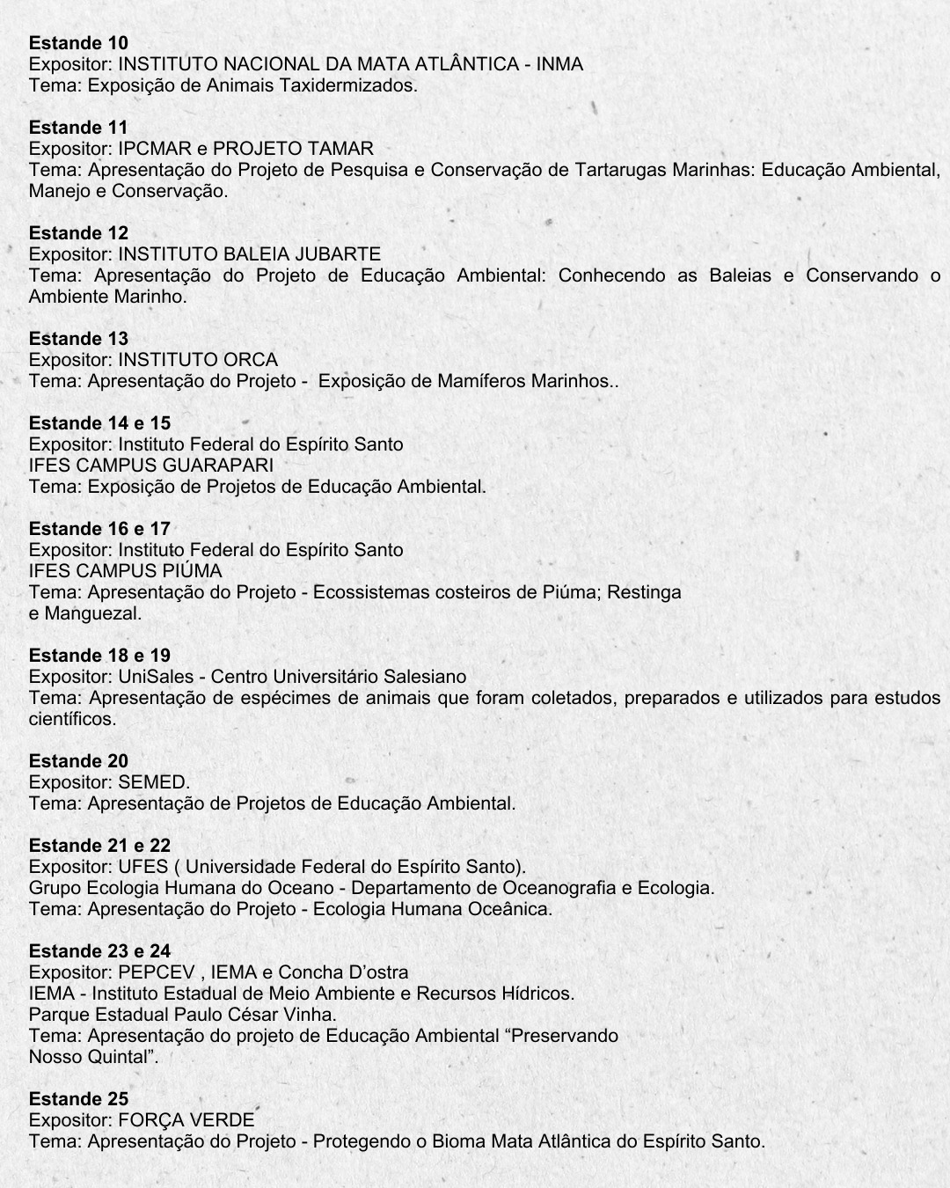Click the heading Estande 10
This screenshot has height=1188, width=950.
[78, 43]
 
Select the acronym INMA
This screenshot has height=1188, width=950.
[559, 64]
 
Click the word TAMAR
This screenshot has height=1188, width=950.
[341, 149]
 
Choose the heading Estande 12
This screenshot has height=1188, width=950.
[78, 233]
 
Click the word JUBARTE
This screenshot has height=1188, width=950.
[339, 254]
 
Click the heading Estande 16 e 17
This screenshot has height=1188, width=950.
[99, 529]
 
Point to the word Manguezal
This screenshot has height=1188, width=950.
[92, 613]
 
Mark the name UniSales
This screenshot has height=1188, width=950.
[156, 677]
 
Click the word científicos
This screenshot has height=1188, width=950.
[72, 719]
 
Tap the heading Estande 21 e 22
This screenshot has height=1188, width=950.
[99, 846]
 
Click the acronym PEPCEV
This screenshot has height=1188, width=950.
[155, 972]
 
